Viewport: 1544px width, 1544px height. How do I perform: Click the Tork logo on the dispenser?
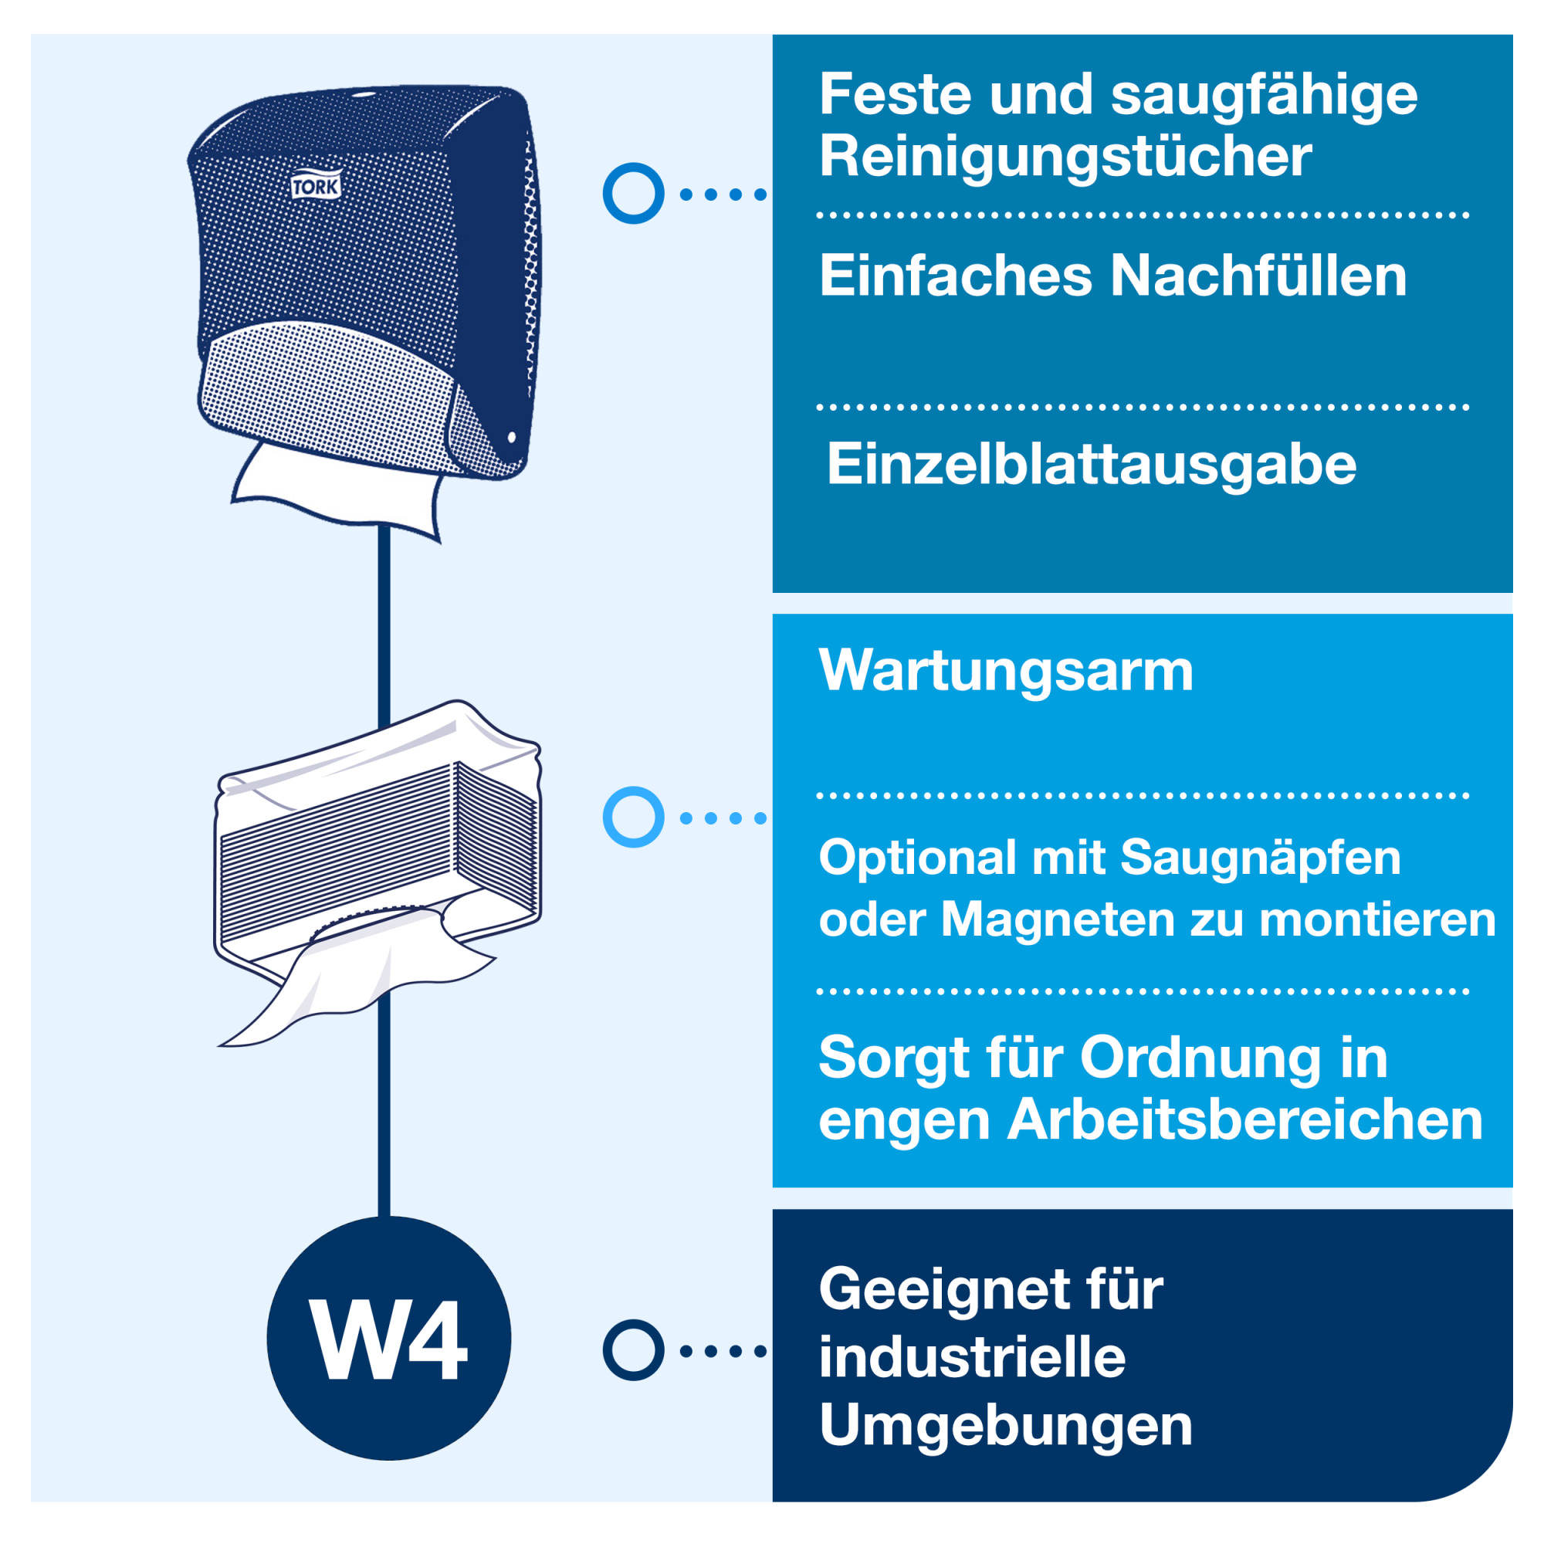point(317,186)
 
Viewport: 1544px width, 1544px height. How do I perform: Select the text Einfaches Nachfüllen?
point(1112,276)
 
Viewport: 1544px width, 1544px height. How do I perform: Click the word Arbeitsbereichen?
point(1245,1120)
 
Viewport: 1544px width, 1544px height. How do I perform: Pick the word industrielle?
point(973,1359)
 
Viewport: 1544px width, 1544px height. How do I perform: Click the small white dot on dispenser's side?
point(512,437)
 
